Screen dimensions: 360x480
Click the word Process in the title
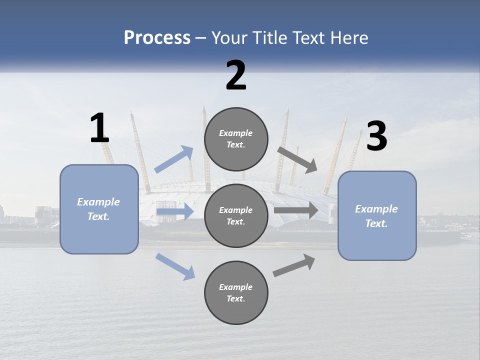click(x=157, y=37)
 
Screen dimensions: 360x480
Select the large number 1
click(x=99, y=128)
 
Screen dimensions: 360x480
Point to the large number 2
click(x=236, y=75)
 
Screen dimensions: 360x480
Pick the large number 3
click(x=376, y=136)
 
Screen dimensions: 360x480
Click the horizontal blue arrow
click(x=175, y=211)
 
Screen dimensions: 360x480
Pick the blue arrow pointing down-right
click(x=175, y=265)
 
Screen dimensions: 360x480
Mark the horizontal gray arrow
click(x=296, y=210)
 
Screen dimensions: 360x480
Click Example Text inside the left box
click(x=98, y=209)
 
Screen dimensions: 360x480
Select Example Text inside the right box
click(x=376, y=216)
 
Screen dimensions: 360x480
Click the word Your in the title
click(x=228, y=37)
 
